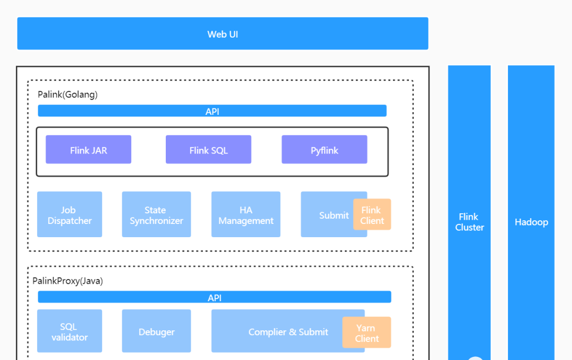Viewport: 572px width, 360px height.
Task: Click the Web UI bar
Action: (222, 33)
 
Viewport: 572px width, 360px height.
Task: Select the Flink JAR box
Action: (88, 149)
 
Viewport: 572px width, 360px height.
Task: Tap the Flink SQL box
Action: (208, 149)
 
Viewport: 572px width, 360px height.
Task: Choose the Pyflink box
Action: (324, 149)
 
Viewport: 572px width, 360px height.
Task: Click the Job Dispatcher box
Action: (69, 214)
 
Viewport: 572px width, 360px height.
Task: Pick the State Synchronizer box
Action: (156, 214)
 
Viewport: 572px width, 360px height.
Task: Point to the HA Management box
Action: (246, 214)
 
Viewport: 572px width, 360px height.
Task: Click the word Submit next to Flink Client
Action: (334, 215)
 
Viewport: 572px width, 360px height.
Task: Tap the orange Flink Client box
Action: (372, 214)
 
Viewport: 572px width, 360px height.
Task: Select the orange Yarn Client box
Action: (367, 332)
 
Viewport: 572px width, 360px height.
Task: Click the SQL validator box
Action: (69, 331)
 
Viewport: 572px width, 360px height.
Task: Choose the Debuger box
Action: (156, 331)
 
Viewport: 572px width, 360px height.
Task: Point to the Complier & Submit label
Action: (288, 332)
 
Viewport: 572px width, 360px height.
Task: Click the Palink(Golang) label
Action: (67, 94)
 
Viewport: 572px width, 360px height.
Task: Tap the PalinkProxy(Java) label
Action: (67, 281)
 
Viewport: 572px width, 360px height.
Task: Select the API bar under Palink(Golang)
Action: (212, 111)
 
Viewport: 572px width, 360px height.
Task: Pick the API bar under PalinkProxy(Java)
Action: (215, 297)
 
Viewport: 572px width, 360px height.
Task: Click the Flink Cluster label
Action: (469, 222)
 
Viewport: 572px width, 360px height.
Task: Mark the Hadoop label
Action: (531, 222)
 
